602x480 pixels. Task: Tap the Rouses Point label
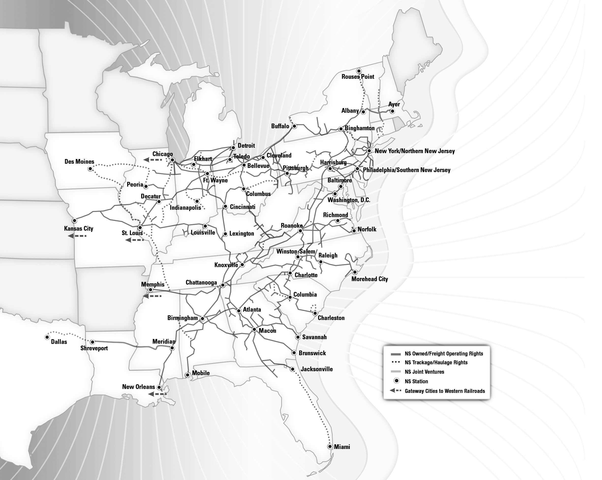[358, 77]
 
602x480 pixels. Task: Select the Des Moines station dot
[90, 169]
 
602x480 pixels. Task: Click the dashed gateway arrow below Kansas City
[77, 236]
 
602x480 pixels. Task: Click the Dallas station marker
[47, 337]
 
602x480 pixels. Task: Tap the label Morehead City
[370, 279]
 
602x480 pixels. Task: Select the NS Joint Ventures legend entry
[424, 372]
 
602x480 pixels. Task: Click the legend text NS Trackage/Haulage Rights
[436, 362]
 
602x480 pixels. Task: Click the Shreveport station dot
[93, 342]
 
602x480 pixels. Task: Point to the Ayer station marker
[392, 111]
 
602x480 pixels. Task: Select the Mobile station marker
[188, 375]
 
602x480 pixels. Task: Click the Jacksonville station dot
[293, 369]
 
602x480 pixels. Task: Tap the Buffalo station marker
[294, 126]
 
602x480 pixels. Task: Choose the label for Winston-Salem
[295, 252]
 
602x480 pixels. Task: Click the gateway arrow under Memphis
[152, 296]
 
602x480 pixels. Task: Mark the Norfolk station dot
[354, 231]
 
